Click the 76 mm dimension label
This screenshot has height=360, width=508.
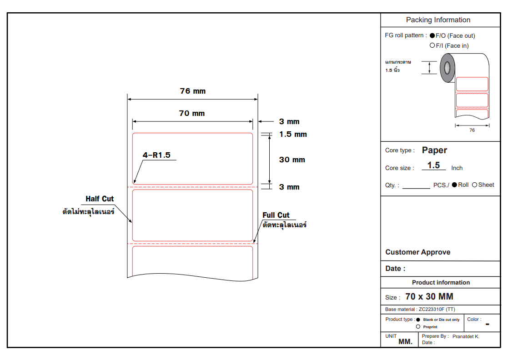[192, 91]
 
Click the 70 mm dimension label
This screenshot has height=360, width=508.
[192, 113]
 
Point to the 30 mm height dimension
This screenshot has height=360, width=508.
[292, 160]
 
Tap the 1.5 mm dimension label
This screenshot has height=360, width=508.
[293, 134]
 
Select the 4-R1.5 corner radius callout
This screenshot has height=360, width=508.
[156, 155]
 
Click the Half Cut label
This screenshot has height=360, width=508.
[100, 199]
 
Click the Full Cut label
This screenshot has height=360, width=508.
[276, 215]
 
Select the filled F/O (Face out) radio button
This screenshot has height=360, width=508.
[433, 36]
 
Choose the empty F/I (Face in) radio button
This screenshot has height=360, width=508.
[433, 45]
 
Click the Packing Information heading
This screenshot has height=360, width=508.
[438, 20]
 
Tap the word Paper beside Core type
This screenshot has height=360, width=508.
[434, 150]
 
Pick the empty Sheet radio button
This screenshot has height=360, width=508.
[475, 185]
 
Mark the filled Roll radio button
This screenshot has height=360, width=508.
[454, 185]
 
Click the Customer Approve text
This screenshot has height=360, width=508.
[417, 252]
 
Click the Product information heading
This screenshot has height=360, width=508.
[441, 282]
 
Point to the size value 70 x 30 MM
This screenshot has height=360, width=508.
[429, 297]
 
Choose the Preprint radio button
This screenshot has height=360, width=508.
[418, 326]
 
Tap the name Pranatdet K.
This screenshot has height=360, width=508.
[466, 336]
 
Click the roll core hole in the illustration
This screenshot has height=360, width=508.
[448, 68]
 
